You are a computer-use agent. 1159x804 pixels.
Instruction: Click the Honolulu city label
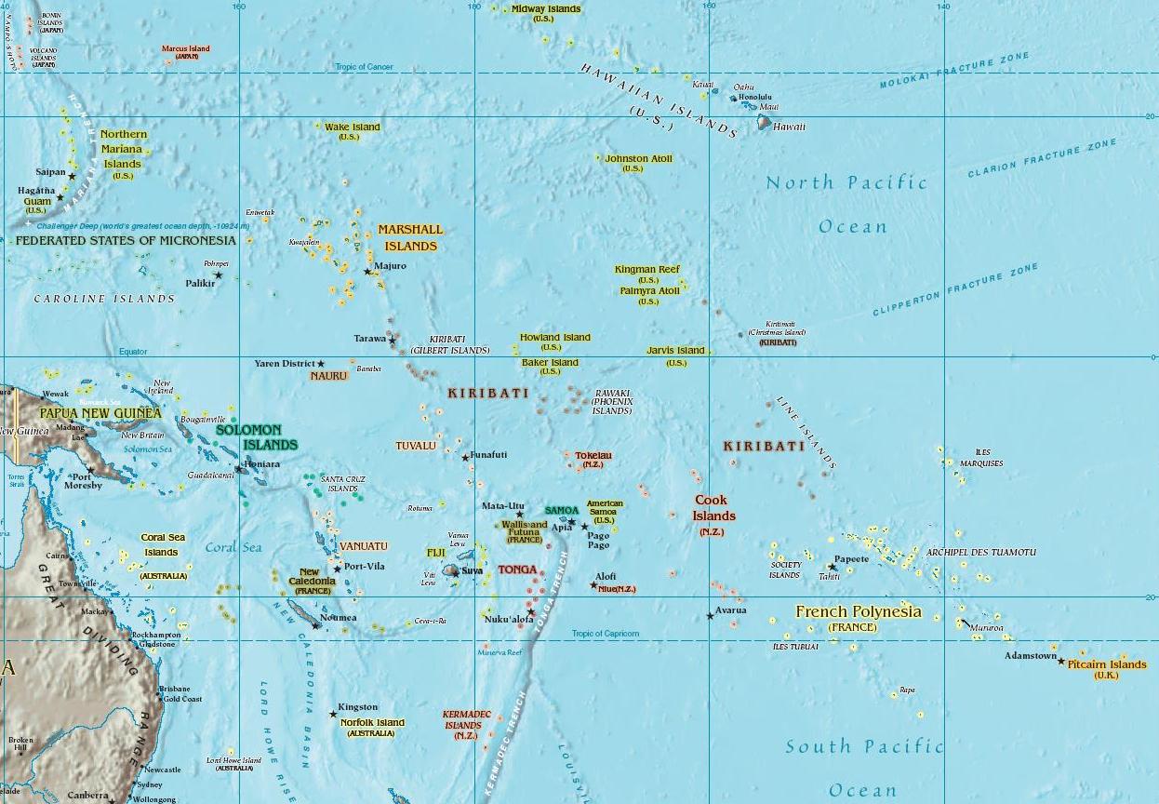(x=755, y=97)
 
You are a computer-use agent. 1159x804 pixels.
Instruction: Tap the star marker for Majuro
(x=367, y=272)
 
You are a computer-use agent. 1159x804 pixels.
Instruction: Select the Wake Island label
(x=352, y=127)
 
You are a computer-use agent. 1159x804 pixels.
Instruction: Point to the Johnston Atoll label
(x=638, y=159)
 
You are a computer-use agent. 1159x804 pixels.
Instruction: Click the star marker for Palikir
(x=219, y=275)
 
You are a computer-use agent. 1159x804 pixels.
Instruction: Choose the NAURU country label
(x=329, y=376)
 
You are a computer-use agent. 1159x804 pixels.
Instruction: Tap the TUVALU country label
(x=416, y=446)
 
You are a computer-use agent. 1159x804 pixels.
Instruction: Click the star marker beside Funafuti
(x=465, y=458)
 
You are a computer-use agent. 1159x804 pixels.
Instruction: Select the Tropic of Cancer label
(x=365, y=67)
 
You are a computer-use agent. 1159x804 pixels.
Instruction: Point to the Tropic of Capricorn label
(x=606, y=634)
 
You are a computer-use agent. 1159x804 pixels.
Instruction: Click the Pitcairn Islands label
(x=1107, y=664)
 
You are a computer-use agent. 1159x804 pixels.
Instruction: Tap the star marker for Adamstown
(x=1061, y=661)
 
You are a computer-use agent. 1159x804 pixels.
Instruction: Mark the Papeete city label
(x=851, y=559)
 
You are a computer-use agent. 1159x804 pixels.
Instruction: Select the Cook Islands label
(x=713, y=508)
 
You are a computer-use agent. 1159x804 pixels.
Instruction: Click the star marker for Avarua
(x=710, y=615)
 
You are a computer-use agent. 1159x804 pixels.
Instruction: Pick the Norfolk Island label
(x=372, y=722)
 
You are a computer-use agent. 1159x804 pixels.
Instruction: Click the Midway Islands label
(x=546, y=9)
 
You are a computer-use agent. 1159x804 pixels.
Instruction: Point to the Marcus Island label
(x=186, y=48)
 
